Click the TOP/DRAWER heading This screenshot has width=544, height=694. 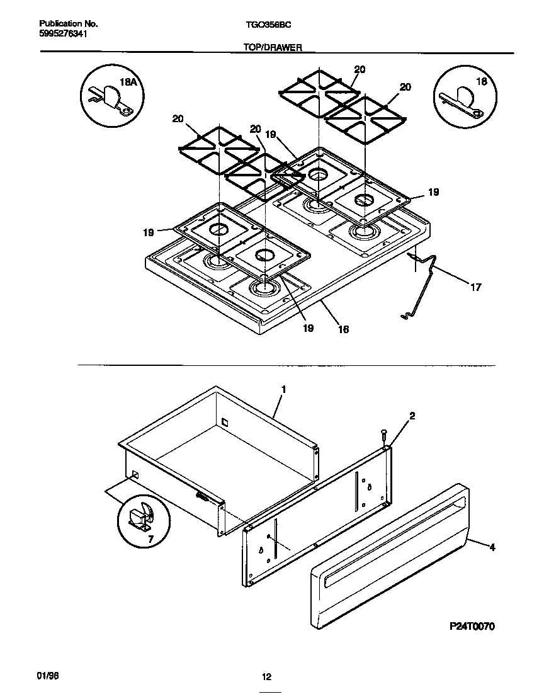pos(271,47)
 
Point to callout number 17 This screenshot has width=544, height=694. pos(475,287)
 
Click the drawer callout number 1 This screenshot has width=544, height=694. pos(283,389)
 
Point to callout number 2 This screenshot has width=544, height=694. pos(412,416)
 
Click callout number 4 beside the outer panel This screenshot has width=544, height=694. pos(492,547)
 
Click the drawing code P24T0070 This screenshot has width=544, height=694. pos(472,627)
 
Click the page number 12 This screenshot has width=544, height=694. pos(266,677)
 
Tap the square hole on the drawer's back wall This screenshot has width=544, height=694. pos(224,420)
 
